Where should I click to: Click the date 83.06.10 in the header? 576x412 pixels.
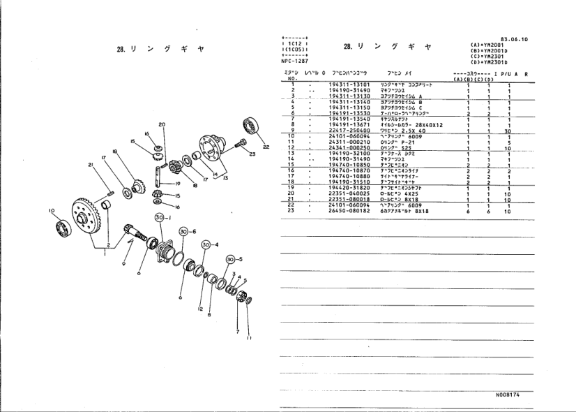(514, 39)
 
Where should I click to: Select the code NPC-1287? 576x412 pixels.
(286, 61)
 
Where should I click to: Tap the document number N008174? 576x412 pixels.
(510, 395)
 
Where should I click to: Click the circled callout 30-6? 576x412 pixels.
(185, 231)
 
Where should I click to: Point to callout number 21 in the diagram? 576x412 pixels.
(91, 165)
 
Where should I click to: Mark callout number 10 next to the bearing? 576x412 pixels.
(51, 210)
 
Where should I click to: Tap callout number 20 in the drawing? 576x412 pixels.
(162, 125)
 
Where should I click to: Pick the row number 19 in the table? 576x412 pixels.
(294, 187)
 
